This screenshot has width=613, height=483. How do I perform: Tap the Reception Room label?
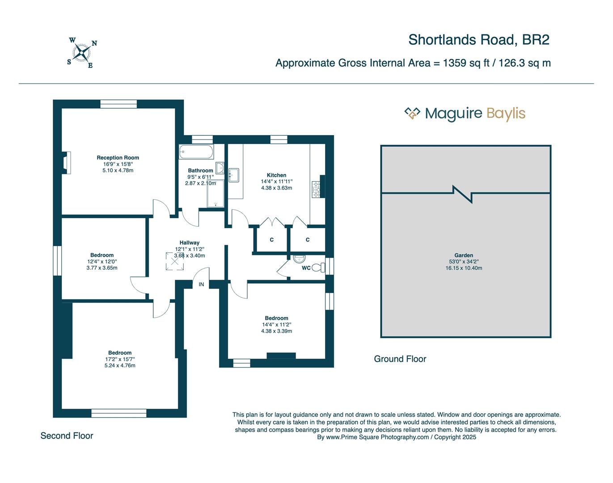(x=118, y=157)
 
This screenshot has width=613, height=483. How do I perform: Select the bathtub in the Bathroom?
(x=196, y=152)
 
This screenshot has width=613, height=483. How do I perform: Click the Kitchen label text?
(x=276, y=175)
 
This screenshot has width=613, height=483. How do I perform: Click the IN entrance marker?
(x=201, y=284)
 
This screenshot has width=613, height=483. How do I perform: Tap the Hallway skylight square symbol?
(x=174, y=261)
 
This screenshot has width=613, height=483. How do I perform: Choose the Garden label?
(x=464, y=255)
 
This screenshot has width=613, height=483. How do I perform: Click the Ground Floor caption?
(x=400, y=359)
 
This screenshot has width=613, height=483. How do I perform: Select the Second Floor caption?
(x=67, y=436)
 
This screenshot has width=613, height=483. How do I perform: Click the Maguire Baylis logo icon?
(x=412, y=113)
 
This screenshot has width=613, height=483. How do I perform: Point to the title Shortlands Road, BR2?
(x=478, y=40)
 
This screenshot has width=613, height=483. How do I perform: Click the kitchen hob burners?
(x=316, y=189)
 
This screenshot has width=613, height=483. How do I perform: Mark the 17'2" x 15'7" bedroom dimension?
(x=120, y=359)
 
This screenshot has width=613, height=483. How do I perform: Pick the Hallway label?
(x=190, y=243)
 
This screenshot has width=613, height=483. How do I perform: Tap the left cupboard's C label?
(x=271, y=240)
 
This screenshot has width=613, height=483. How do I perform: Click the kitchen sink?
(x=233, y=175)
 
